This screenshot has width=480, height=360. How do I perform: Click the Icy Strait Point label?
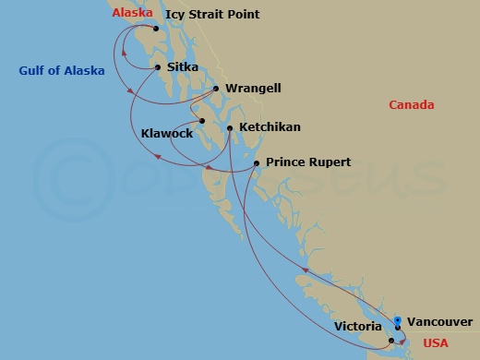pos(211,15)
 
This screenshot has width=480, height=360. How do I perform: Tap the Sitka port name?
pos(183,67)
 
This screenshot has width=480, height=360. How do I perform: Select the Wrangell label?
pos(253,89)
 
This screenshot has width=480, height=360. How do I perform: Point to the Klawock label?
pos(167,134)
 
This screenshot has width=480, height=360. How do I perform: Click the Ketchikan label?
pos(270,126)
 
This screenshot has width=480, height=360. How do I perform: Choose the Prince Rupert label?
pos(308,162)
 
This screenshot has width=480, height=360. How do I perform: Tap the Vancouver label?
pos(440,323)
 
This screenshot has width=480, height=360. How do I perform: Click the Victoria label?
pos(358,326)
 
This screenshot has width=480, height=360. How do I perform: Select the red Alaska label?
pos(133,13)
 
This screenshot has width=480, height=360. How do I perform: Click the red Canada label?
pos(411,105)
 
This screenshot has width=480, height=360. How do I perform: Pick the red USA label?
pos(435,343)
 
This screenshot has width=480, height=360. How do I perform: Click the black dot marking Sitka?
pos(159,67)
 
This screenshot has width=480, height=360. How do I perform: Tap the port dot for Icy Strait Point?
pos(156,29)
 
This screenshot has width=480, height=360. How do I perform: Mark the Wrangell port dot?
pos(216,90)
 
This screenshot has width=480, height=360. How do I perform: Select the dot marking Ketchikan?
pos(230,127)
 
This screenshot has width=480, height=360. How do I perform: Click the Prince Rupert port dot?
pos(257,163)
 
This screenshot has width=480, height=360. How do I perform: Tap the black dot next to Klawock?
pos(201,121)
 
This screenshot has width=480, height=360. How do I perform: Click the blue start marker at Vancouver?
pos(397,320)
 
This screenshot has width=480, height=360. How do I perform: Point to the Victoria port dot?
pos(391,341)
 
